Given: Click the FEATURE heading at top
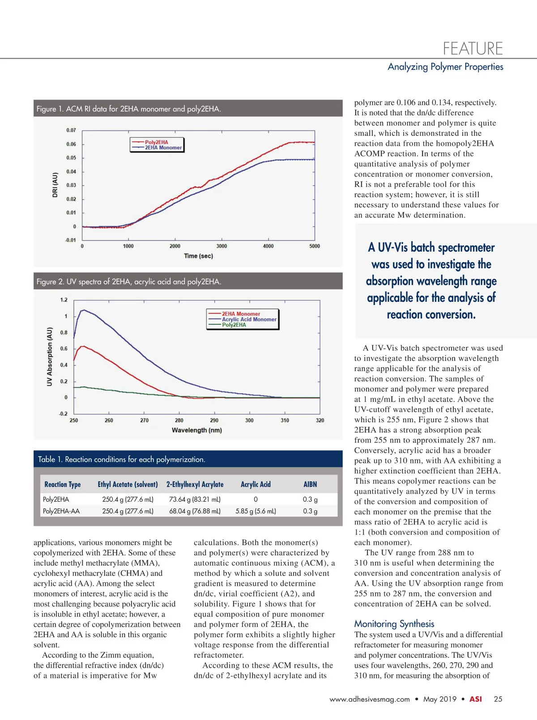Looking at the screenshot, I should tap(473, 48).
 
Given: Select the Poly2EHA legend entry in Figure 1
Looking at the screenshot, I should tap(156, 142).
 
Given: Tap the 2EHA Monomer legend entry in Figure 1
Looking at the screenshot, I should tap(163, 148).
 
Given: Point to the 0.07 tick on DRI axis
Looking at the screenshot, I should tap(71, 130).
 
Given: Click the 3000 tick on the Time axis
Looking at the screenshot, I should tap(222, 246).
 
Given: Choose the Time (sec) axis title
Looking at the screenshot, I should tap(198, 256).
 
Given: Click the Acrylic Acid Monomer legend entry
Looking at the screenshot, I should tap(249, 319).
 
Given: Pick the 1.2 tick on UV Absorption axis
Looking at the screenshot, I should tap(64, 300).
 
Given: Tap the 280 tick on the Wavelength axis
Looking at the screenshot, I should tap(179, 420).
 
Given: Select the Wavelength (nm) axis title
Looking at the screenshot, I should tap(196, 430).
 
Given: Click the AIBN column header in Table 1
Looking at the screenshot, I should tap(310, 484).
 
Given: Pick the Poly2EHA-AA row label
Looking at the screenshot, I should tap(61, 511).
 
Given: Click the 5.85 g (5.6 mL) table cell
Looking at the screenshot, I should tap(256, 511).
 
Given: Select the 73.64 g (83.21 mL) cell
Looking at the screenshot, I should tap(195, 500).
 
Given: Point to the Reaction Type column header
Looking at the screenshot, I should tap(63, 484).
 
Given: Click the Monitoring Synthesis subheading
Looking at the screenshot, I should tap(394, 624).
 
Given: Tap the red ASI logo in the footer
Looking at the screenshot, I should tap(475, 699).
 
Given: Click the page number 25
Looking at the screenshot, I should tap(498, 699).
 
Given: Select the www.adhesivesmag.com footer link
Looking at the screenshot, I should tap(370, 699).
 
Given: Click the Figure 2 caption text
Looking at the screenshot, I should tap(129, 282).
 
